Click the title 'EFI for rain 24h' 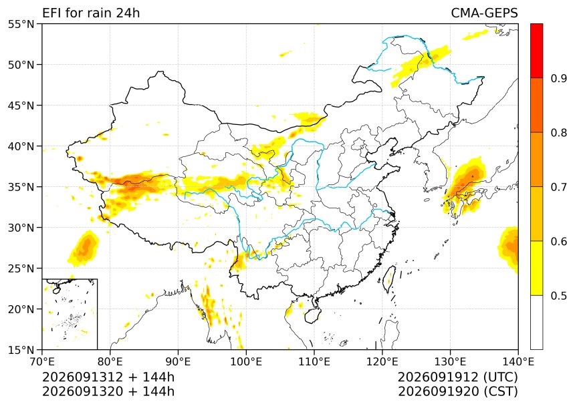point(91,13)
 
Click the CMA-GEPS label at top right point(484,13)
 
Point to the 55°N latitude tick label point(21,24)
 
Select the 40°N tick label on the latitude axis point(21,146)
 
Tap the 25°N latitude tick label point(21,268)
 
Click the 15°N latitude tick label point(21,350)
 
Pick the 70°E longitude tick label point(42,362)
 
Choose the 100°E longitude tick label point(246,362)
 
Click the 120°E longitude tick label point(382,362)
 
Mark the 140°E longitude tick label point(518,362)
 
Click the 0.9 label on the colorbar point(559,78)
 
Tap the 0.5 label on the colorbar point(559,295)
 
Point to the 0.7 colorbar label point(559,187)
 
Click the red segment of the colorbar point(536,51)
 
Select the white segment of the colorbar point(536,322)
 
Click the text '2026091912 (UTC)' point(457,377)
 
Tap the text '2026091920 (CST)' point(457,391)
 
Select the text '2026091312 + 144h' point(108,377)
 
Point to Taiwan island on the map point(389,279)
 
